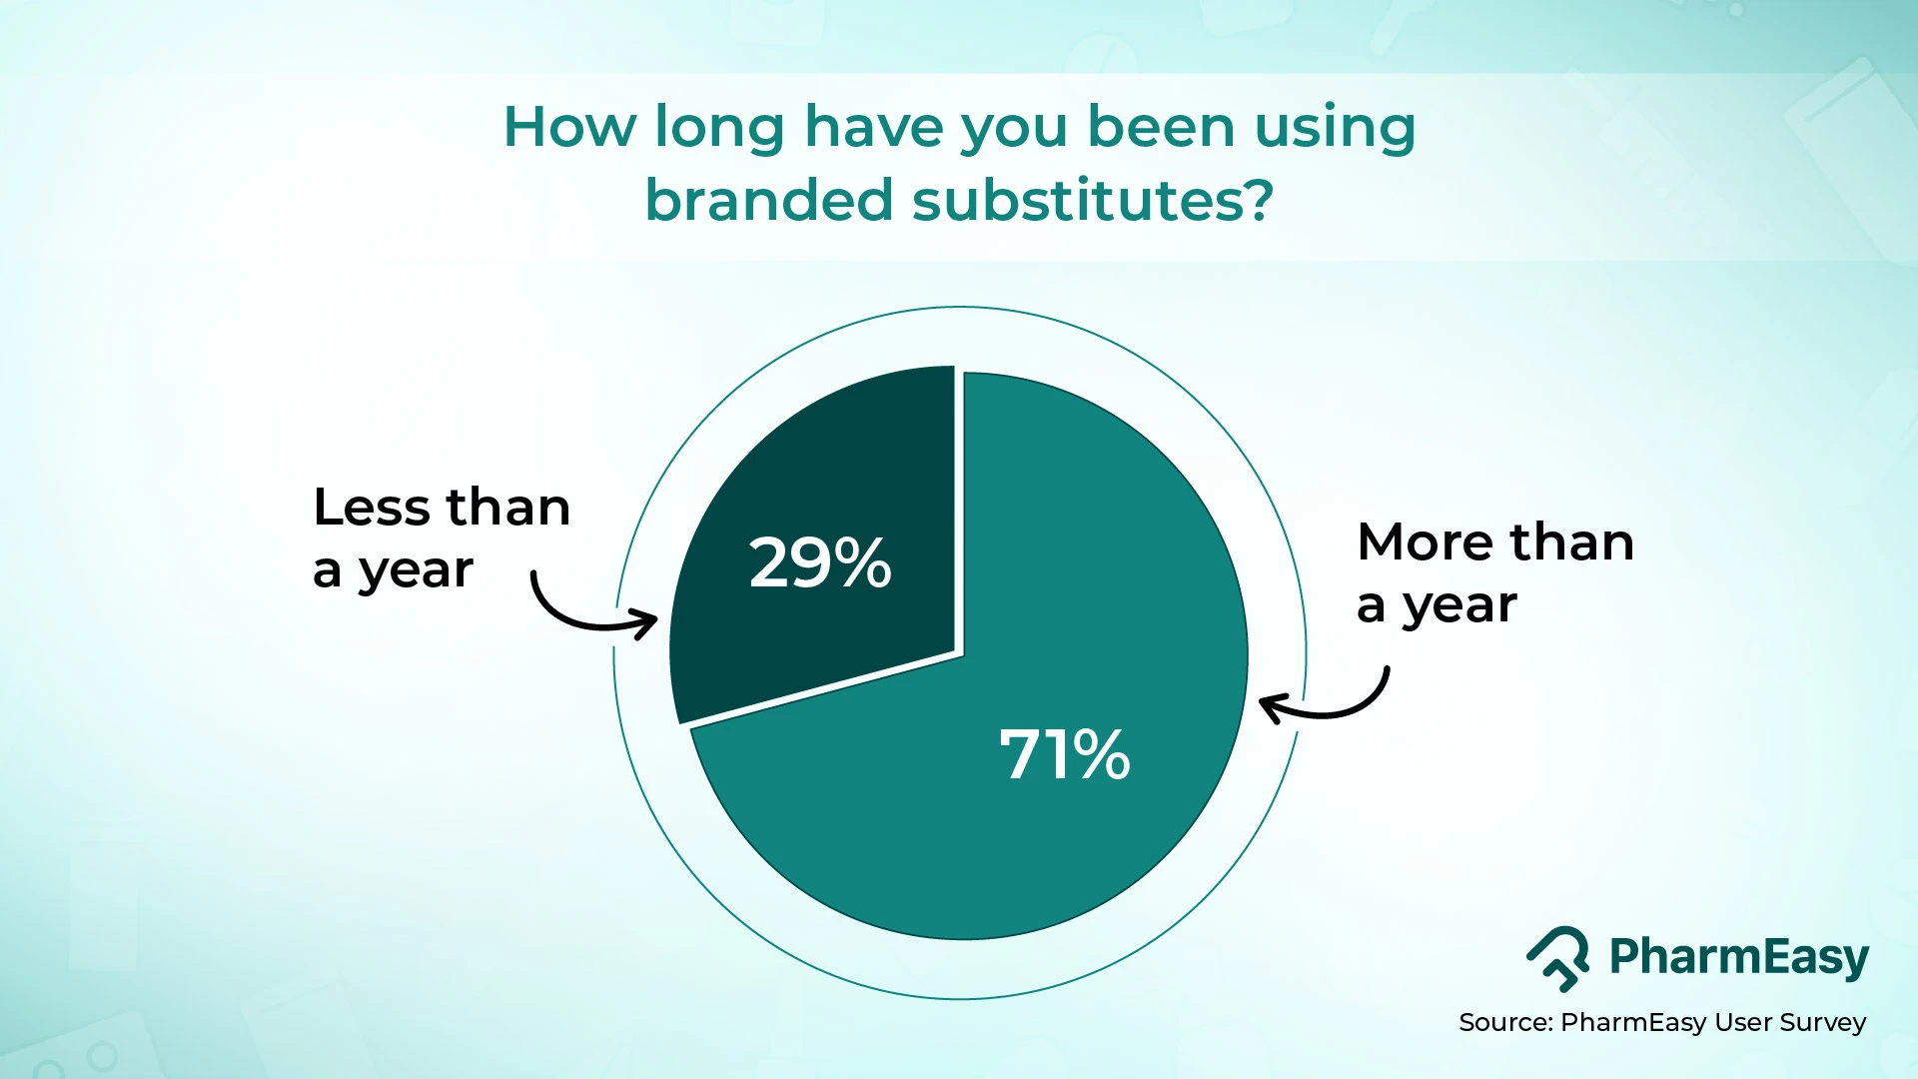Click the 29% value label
tap(819, 562)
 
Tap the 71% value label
tap(1064, 754)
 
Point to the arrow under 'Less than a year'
tap(589, 611)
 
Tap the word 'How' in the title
tap(568, 127)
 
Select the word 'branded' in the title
tap(768, 200)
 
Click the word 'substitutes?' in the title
tap(1093, 200)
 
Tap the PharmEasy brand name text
tap(1738, 957)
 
